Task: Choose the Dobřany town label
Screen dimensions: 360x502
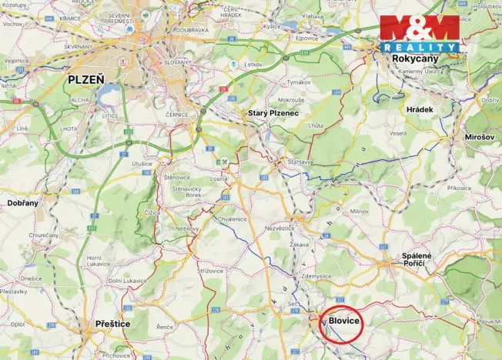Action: click(x=22, y=202)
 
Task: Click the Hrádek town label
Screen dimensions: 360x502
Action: click(x=420, y=110)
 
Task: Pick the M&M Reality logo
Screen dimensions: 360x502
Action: click(x=420, y=33)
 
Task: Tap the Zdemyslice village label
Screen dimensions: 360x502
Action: click(x=316, y=275)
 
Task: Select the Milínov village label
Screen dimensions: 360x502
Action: click(x=360, y=210)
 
